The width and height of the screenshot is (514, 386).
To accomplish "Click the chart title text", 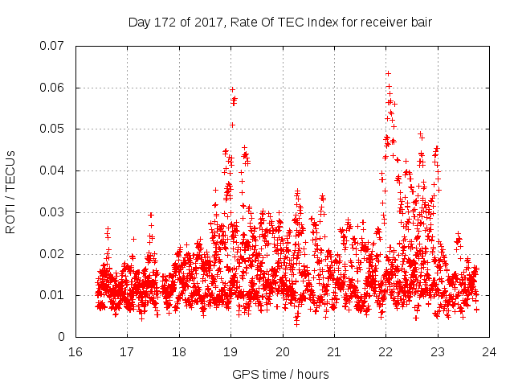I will [280, 23].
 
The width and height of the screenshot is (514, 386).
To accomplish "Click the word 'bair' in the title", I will [422, 23].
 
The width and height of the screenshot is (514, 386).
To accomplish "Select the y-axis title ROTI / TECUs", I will [11, 191].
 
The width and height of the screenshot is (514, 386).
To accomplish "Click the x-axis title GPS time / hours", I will [280, 374].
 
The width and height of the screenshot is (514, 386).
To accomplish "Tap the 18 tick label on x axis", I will [179, 351].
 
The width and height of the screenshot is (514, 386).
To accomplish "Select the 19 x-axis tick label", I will [230, 351].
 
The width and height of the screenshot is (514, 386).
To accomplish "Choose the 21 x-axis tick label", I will [334, 351].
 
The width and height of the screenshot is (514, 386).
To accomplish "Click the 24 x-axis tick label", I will [489, 351].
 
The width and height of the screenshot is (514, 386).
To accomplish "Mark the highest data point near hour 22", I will [388, 73].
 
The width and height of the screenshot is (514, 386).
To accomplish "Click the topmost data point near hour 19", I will [232, 89].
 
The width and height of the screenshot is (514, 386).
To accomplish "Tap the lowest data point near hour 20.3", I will [296, 324].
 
